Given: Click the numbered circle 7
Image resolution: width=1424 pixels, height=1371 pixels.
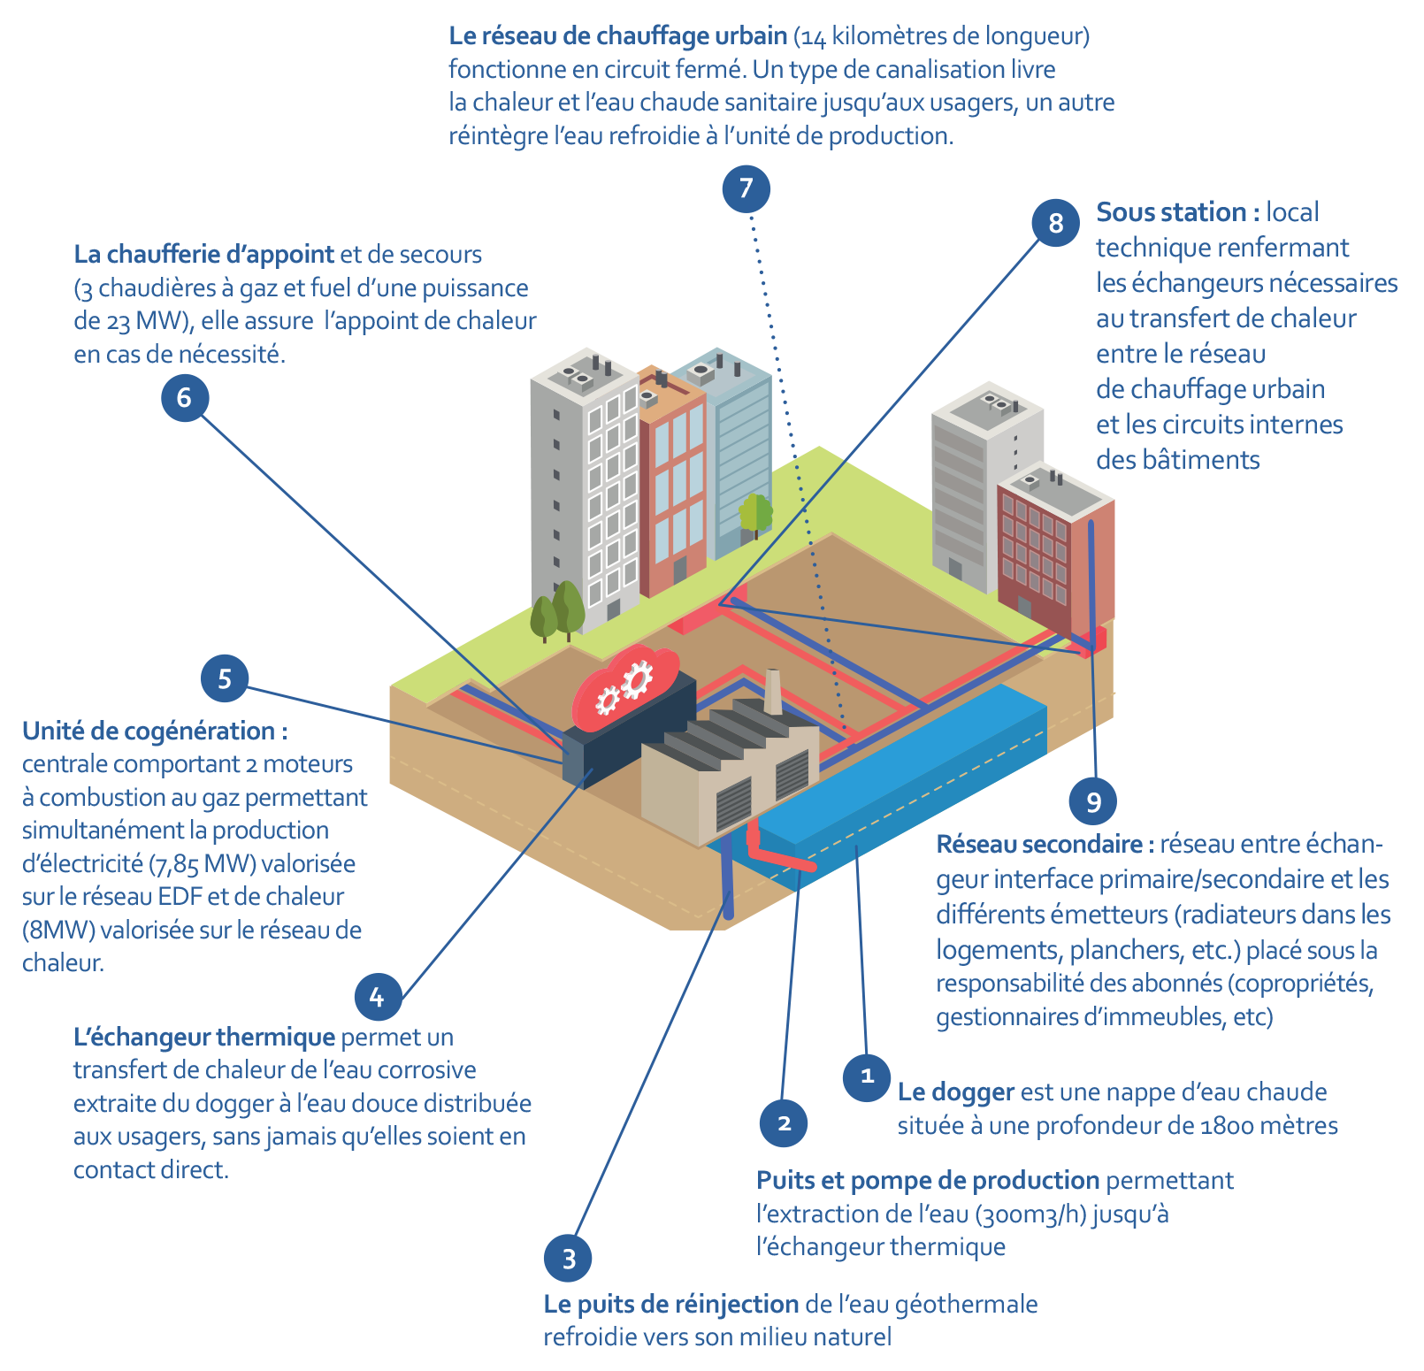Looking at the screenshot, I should click(746, 188).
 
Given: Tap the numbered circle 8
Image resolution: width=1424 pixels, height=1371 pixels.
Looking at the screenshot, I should click(1055, 222).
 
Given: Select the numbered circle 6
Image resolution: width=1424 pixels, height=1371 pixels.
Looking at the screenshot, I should click(184, 397).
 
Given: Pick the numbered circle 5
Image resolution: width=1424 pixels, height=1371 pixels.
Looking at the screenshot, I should click(225, 678).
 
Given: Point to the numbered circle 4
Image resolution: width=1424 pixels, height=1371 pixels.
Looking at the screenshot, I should click(378, 997).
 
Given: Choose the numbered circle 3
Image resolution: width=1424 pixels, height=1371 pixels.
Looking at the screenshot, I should click(568, 1258).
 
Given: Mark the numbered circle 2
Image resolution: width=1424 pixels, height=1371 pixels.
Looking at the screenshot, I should click(784, 1123).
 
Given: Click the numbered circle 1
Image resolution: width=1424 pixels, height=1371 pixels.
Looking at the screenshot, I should click(867, 1076).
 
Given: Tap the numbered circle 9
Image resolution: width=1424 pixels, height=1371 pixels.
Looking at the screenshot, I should click(1093, 801).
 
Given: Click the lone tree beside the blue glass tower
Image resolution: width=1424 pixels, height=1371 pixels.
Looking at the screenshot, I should click(755, 515).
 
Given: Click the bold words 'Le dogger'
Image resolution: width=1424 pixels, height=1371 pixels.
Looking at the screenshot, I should click(955, 1092).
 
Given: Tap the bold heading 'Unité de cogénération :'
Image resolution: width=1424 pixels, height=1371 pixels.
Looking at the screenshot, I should click(155, 731).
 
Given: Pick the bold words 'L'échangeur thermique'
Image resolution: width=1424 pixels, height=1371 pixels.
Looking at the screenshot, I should click(204, 1037).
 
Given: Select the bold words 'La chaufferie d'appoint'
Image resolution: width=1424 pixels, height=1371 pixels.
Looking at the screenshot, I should click(204, 255).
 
